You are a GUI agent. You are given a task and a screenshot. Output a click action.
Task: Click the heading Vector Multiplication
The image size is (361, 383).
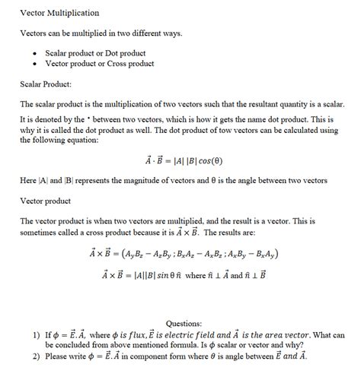[59, 14]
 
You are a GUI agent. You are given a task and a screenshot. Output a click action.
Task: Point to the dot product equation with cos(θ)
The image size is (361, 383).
[184, 160]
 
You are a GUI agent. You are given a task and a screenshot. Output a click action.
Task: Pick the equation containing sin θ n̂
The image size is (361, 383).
[184, 274]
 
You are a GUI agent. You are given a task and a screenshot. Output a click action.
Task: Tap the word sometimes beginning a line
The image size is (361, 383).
[40, 232]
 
